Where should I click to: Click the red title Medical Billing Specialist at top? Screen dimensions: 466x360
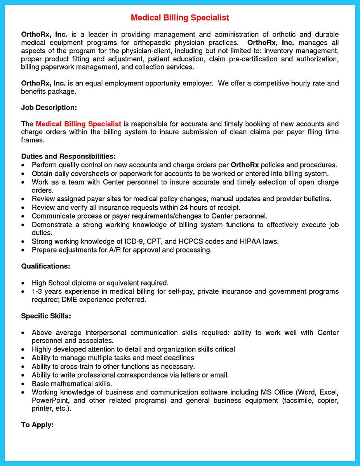pos(180,18)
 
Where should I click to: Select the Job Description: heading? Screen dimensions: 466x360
pos(49,108)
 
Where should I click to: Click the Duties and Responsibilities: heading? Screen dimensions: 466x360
pos(68,156)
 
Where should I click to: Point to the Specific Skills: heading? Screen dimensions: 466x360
pos(46,316)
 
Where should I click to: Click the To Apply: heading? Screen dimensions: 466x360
pos(37,424)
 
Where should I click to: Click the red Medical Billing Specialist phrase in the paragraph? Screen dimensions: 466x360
pos(78,124)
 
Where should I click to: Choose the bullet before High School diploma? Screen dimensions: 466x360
pos(24,283)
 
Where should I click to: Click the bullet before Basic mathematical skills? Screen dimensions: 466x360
pos(24,384)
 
